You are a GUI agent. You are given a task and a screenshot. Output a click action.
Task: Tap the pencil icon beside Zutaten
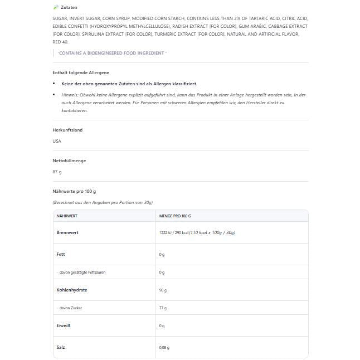click(55, 7)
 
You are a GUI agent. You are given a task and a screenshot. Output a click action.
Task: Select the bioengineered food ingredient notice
click(112, 53)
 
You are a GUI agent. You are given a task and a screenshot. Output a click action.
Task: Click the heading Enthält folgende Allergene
click(81, 72)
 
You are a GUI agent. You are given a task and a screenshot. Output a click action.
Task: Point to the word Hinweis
click(70, 95)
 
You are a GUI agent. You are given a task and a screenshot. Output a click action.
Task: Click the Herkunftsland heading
click(67, 130)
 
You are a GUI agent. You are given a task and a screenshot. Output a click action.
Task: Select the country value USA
click(57, 141)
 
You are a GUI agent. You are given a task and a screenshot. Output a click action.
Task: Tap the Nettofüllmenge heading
click(69, 160)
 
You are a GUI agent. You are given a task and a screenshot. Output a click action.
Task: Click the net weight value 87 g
click(57, 172)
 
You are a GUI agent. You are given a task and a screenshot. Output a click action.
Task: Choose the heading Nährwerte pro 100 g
click(74, 191)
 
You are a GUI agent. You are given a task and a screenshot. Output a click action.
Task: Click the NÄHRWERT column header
click(67, 216)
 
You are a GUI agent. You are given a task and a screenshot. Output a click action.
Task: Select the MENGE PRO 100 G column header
click(175, 216)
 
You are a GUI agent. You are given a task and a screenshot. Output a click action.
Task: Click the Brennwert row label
click(67, 232)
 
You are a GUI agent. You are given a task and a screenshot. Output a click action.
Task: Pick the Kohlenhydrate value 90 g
click(163, 290)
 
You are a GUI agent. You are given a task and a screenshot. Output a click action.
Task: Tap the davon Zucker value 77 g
click(163, 308)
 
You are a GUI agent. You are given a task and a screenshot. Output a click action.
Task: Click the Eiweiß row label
click(64, 325)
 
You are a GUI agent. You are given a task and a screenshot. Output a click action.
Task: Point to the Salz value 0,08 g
click(164, 348)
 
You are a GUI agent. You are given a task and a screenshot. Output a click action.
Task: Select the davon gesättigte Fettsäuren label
click(81, 273)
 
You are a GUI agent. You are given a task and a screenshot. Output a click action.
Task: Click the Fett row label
click(61, 254)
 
